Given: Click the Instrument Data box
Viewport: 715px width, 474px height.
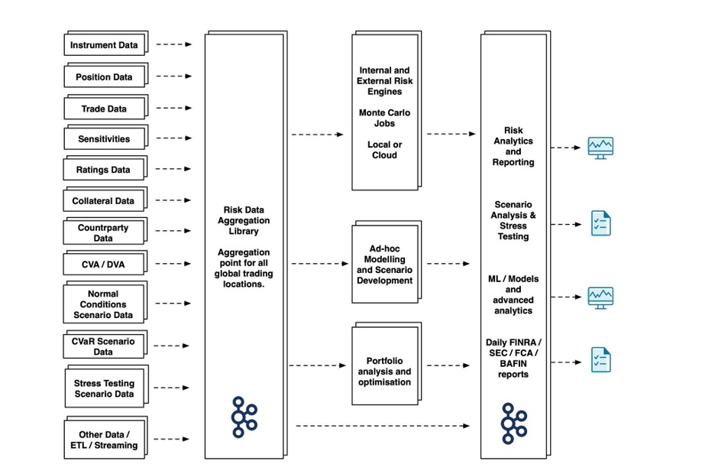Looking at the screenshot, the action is [x=105, y=44].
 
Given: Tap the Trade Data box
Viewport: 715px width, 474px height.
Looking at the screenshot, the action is [x=105, y=107].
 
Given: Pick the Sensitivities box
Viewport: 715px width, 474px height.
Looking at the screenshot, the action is [x=105, y=138].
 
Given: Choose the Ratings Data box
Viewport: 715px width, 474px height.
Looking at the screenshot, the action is [x=105, y=168].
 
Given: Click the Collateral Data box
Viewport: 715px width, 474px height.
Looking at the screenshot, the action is [x=105, y=200].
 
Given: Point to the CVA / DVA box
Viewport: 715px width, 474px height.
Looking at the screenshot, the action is [x=105, y=263].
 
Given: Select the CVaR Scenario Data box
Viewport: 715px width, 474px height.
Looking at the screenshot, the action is [x=105, y=345].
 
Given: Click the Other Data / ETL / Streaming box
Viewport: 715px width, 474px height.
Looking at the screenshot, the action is [x=105, y=437].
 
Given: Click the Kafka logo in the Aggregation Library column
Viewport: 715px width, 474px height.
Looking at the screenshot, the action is [x=244, y=417].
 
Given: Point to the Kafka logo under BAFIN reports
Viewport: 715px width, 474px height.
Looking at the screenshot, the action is [x=514, y=424].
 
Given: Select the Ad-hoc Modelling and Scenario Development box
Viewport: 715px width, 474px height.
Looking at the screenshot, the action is [x=387, y=262].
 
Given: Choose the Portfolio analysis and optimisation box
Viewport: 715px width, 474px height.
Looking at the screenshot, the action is [x=387, y=364].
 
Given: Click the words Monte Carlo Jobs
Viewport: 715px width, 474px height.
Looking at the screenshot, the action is [x=384, y=118].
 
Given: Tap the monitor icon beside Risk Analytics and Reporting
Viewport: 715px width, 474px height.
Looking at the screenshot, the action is [x=600, y=148].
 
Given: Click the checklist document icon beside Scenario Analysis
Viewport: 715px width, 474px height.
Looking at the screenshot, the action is [x=600, y=223].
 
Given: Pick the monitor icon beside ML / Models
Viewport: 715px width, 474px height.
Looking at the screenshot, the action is [x=600, y=298].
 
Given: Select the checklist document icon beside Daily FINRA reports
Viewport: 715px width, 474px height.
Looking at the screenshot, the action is [x=600, y=359].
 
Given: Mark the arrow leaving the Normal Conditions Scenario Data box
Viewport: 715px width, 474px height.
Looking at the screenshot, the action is [x=173, y=303].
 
